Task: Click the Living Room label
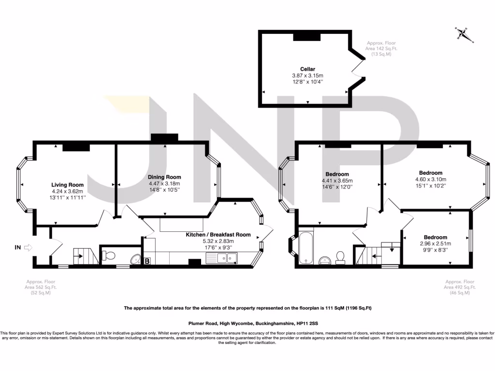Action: click(x=68, y=185)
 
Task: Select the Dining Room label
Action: click(x=164, y=177)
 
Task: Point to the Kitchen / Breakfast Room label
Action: click(x=218, y=235)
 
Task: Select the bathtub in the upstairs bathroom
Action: click(x=306, y=248)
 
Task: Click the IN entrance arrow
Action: click(x=23, y=248)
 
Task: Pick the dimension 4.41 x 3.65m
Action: click(x=337, y=181)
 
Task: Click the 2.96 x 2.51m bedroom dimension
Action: click(x=435, y=244)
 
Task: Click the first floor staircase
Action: click(x=369, y=255)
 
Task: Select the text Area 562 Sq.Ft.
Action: click(x=41, y=287)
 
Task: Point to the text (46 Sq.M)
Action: click(x=460, y=293)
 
